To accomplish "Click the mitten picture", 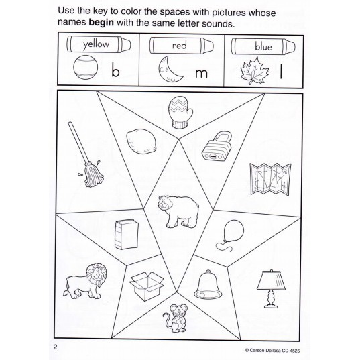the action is click(180, 112).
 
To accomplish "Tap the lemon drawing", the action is click(141, 141).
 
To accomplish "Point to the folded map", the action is click(270, 179).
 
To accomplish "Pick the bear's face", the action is click(164, 202).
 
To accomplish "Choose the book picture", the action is click(126, 235).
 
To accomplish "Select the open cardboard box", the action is click(146, 286).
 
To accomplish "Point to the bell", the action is click(208, 285).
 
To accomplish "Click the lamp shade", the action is click(272, 280).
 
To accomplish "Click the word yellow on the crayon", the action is click(96, 44).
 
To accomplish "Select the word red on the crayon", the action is click(179, 45).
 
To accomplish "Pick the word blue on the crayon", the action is click(263, 46).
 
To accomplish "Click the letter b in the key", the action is click(115, 70).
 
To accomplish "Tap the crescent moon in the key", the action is click(170, 70).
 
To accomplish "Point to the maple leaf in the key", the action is click(254, 71).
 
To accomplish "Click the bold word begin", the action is click(101, 23).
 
